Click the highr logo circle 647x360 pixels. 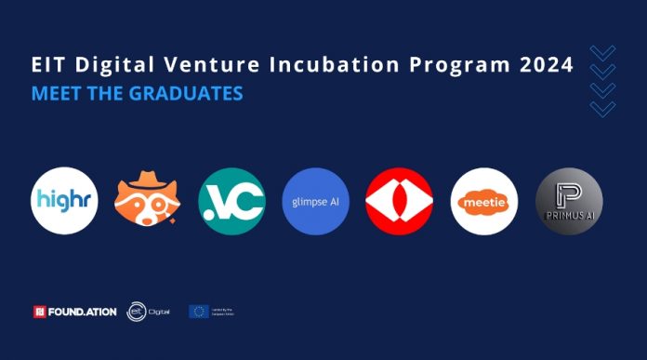tap(64, 201)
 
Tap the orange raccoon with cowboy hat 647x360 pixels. tap(148, 201)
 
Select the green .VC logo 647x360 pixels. tap(231, 201)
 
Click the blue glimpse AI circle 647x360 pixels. tap(316, 201)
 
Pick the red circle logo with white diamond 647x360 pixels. tap(400, 201)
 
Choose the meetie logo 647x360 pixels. tap(484, 201)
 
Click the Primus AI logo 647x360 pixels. tap(569, 201)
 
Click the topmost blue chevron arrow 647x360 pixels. tap(602, 52)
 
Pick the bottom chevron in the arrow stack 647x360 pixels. tap(602, 109)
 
